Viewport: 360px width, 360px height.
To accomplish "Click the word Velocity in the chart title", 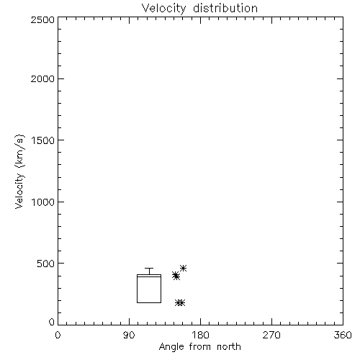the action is (x=164, y=9).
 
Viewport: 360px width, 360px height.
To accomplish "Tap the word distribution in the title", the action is (x=225, y=8).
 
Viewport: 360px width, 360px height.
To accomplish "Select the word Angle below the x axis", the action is (x=171, y=347).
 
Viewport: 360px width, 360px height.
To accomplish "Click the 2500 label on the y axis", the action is (x=42, y=19).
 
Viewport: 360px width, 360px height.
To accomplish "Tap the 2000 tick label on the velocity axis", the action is (x=42, y=78).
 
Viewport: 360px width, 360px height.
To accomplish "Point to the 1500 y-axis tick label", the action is (x=43, y=140).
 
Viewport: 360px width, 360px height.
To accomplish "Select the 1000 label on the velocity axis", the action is (x=43, y=202).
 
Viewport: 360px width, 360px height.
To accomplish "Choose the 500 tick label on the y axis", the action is (x=46, y=264).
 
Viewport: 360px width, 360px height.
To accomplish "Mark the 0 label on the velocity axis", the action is (x=52, y=322).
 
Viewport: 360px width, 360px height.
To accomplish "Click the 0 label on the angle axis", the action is (x=58, y=335).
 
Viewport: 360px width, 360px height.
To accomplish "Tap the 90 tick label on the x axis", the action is (x=129, y=335).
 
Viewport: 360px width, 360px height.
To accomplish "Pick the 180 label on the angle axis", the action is (x=200, y=335).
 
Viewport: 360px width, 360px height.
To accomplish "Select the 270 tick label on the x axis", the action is (x=271, y=335).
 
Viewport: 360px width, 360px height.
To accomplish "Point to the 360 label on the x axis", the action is (x=343, y=335).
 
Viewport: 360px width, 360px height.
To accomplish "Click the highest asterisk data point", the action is (x=184, y=268).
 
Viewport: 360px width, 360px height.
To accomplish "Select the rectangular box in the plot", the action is (x=137, y=289).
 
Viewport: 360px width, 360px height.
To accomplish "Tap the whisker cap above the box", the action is (x=149, y=269).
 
